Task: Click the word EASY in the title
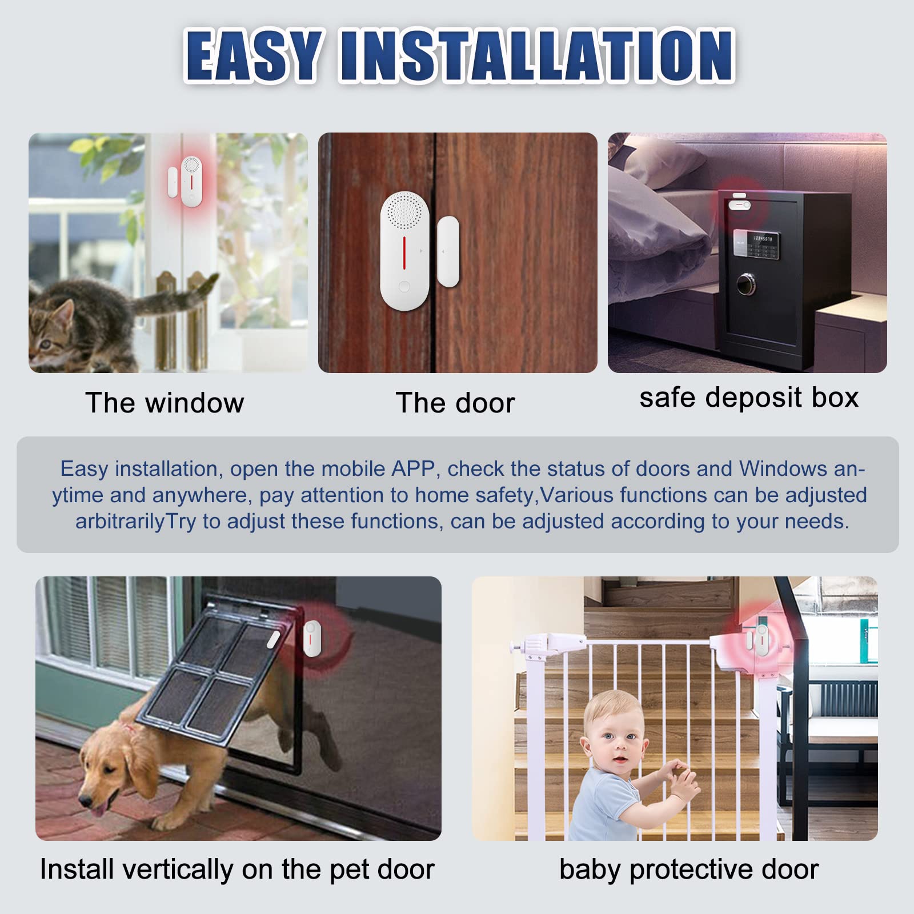(252, 55)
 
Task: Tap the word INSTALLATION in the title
(538, 55)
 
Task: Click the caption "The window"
(165, 403)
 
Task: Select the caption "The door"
(455, 403)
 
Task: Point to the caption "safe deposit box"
(749, 398)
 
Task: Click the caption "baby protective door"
(689, 870)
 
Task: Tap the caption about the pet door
(237, 870)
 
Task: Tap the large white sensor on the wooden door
(404, 251)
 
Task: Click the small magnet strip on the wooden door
(448, 251)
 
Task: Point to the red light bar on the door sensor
(404, 252)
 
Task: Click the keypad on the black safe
(756, 244)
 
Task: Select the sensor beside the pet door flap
(312, 638)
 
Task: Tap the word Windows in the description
(783, 469)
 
